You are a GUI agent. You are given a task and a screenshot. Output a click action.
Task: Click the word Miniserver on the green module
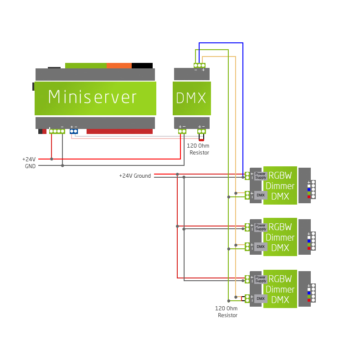coord(93,98)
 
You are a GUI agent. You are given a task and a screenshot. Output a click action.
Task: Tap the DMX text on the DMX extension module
coord(191,98)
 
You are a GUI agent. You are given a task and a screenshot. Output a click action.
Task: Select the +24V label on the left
coord(29,159)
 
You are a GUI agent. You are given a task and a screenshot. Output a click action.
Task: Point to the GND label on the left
coord(30,166)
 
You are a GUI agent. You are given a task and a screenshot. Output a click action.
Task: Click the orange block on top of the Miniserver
coord(119,66)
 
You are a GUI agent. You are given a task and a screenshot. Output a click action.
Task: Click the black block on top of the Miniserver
coord(142,66)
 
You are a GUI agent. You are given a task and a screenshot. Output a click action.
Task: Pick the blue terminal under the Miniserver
coord(74,131)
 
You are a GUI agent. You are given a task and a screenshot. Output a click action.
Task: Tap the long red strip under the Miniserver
coord(119,132)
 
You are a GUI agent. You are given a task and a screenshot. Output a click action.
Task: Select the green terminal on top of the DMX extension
coord(200,66)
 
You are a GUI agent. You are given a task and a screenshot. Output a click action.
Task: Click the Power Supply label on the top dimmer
coord(261,175)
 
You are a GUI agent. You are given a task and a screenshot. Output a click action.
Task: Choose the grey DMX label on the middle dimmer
coord(261,247)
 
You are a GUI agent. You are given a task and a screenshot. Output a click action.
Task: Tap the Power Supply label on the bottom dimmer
coord(261,279)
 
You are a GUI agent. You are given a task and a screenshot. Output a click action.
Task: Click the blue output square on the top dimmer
coord(309,190)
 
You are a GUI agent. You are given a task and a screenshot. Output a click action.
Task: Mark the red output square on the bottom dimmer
coord(309,300)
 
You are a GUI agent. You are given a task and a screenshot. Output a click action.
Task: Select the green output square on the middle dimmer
coord(309,245)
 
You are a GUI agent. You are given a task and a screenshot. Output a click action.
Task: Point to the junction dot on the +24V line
coord(51,159)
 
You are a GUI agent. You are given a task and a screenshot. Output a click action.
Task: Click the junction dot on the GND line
coord(62,165)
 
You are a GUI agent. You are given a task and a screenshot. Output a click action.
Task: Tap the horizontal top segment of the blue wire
coord(221,43)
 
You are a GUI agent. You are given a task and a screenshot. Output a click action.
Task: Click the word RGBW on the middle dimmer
coord(280,227)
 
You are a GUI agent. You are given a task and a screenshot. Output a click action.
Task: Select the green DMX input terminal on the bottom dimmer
coord(247,298)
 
